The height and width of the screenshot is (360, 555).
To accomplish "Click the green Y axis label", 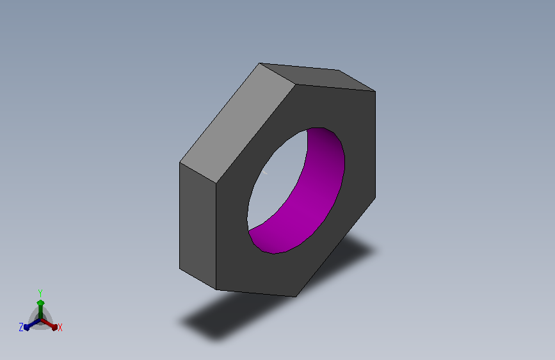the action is (x=40, y=293).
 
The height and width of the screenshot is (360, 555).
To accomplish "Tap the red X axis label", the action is (x=60, y=327).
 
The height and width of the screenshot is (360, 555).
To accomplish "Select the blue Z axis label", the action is (x=21, y=327).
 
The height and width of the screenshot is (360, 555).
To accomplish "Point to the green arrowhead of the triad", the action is (x=40, y=303).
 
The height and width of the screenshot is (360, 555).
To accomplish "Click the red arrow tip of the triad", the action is (x=54, y=327).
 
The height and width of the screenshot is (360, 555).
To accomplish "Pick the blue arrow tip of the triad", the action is (x=26, y=327).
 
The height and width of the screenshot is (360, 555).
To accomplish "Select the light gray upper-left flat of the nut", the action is (x=237, y=123).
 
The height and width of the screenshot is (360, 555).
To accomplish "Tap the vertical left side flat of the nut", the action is (x=198, y=226).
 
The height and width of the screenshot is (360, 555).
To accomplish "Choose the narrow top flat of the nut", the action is (x=318, y=78).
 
